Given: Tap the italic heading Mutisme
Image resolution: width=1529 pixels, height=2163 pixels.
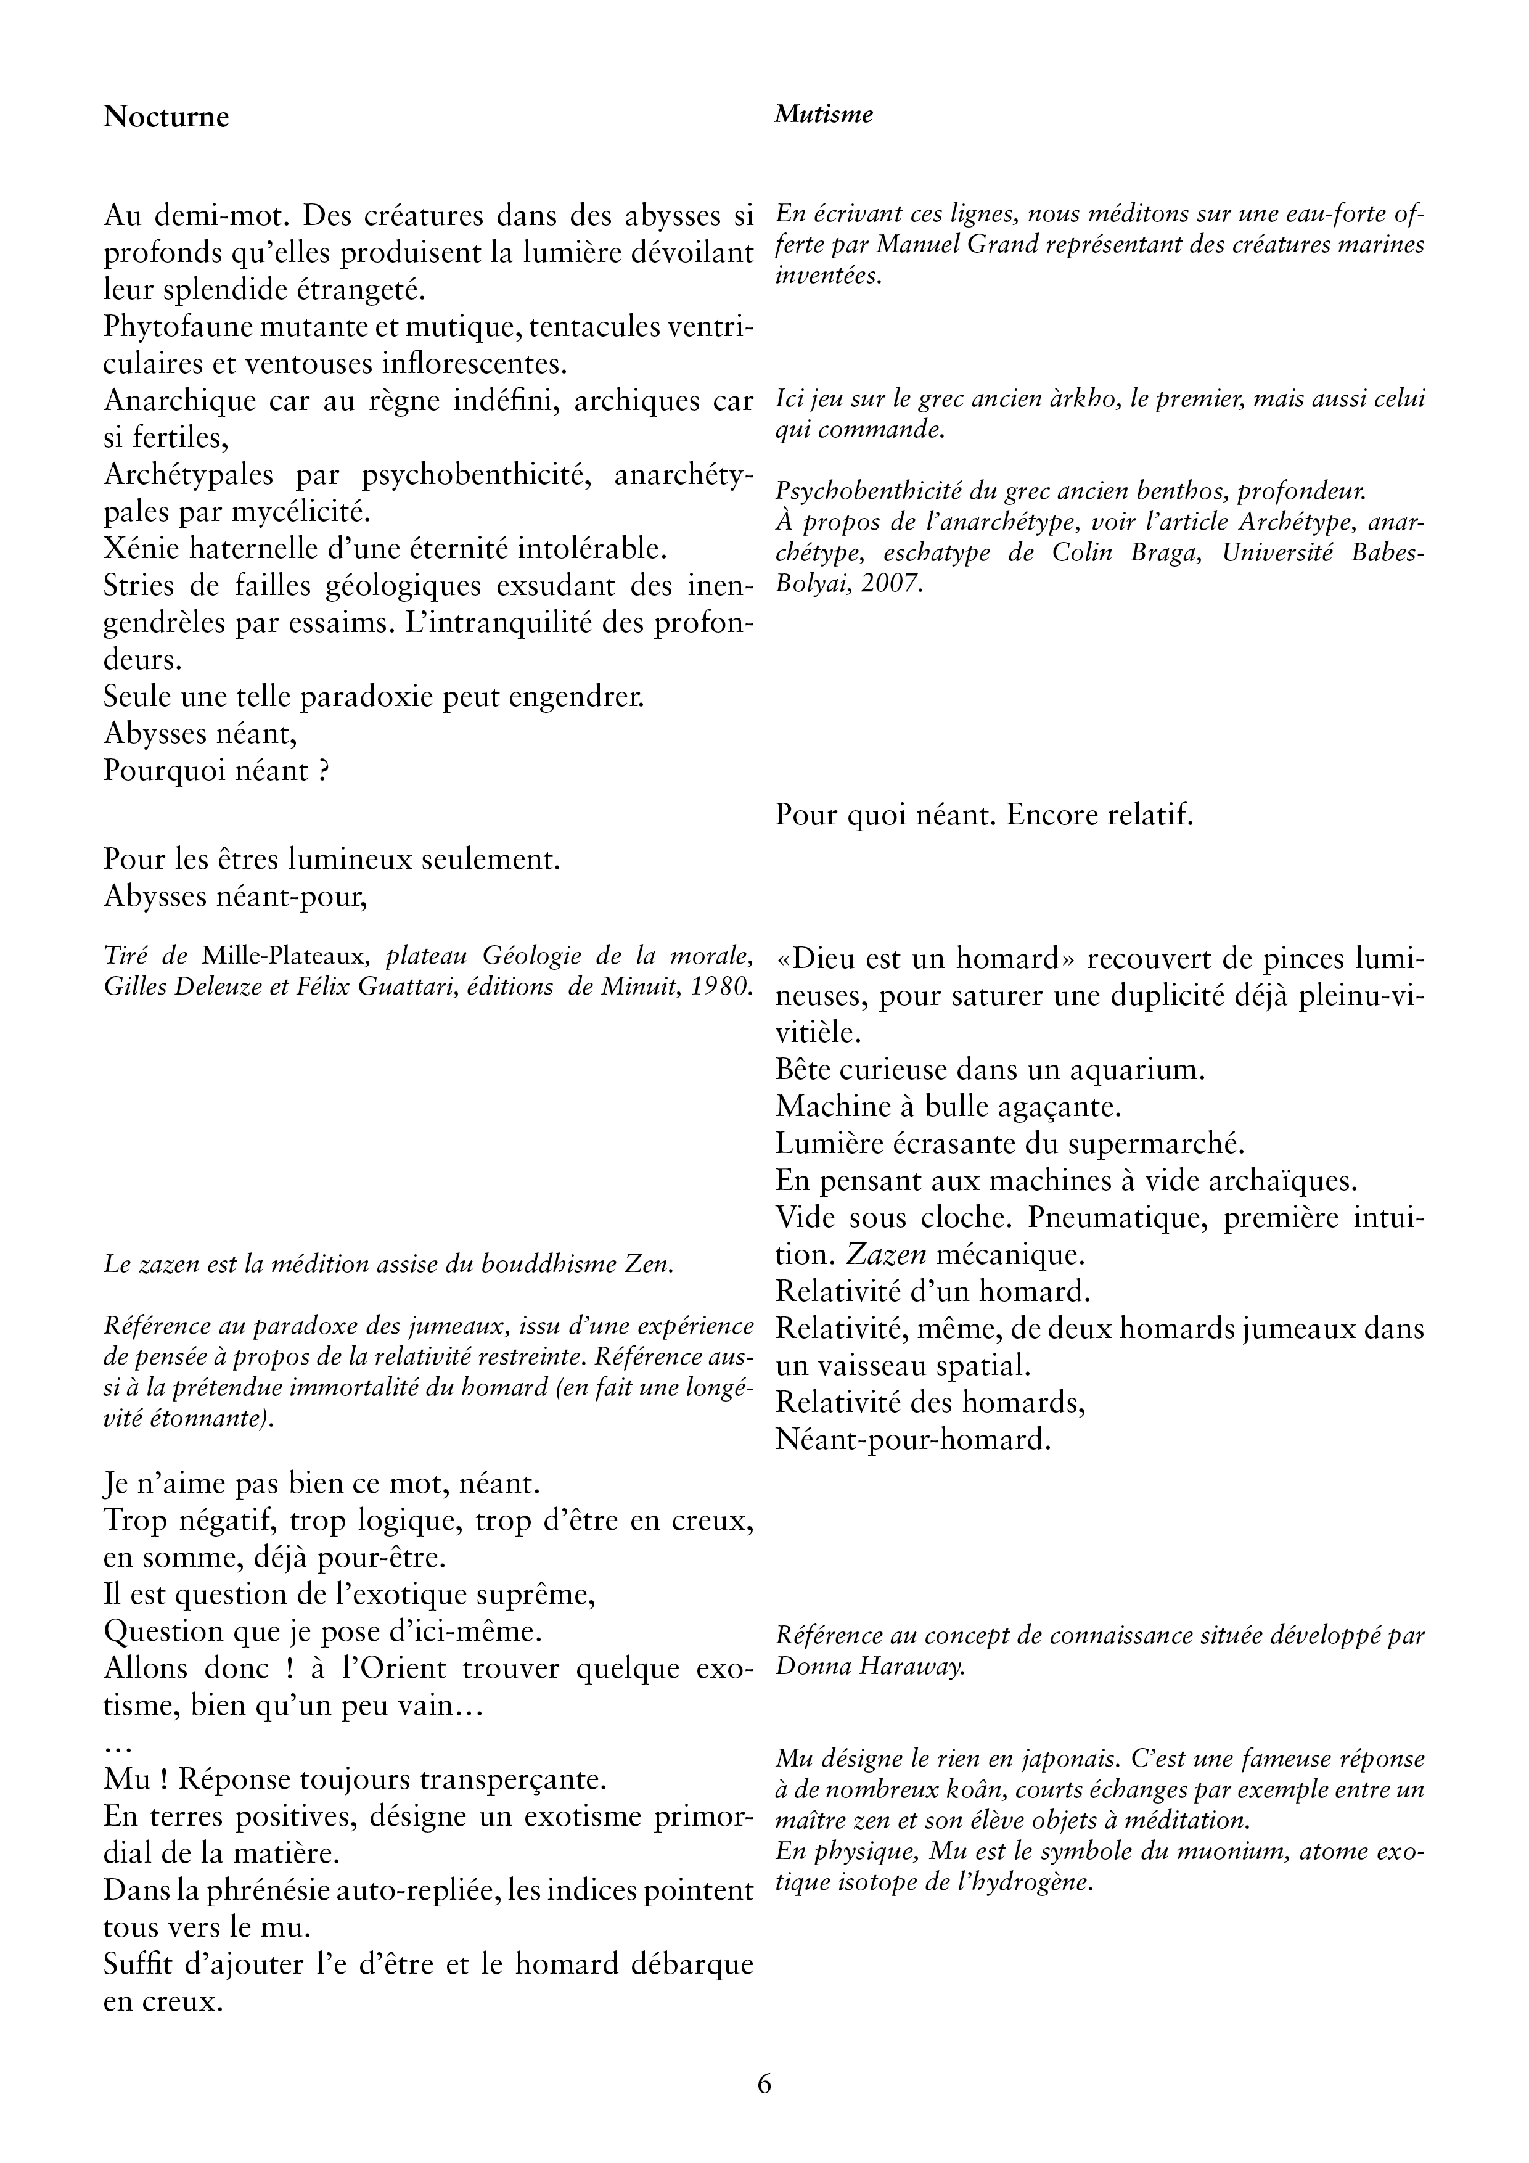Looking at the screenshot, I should point(824,114).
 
